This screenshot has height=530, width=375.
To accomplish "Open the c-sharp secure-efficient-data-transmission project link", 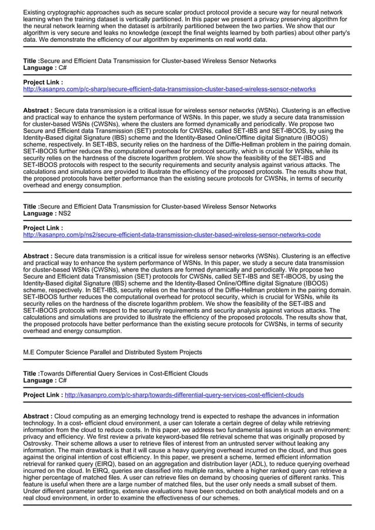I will [169, 89].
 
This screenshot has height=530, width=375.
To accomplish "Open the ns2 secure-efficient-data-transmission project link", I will [172, 235].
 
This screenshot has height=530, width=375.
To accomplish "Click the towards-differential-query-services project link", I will [184, 395].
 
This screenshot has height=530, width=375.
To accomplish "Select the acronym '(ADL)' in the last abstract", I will [275, 464].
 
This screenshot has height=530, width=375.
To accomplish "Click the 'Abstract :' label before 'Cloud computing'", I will [38, 416].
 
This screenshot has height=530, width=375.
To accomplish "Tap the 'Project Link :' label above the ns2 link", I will [43, 227].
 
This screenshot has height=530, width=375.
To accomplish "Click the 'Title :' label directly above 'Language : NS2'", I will [31, 207].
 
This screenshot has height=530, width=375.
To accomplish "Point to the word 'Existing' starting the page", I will [36, 12].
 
